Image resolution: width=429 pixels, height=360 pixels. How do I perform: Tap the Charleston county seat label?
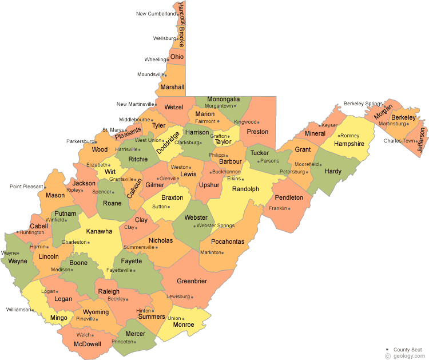coord(74,242)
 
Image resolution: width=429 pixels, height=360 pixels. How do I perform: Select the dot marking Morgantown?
coord(236,106)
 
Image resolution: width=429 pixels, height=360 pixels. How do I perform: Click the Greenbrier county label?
coord(192,281)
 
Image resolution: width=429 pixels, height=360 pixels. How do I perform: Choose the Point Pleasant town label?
coord(26,187)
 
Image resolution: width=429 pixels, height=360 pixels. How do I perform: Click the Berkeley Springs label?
coord(362,104)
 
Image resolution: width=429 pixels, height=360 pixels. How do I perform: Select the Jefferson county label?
coord(422,139)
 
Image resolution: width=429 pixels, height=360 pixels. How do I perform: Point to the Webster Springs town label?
coord(216,226)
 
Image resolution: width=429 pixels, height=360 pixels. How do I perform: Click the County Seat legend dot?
coord(388,349)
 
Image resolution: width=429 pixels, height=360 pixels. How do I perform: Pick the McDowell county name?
coord(88,344)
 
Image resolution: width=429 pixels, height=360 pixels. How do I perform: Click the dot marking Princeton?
coord(136,342)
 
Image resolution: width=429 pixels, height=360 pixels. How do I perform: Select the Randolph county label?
coord(246,188)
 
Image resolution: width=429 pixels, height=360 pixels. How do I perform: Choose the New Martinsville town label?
coord(135,104)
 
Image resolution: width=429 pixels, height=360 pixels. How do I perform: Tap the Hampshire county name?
coord(349,144)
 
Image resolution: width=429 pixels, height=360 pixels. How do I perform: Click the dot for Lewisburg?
coord(192,296)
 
